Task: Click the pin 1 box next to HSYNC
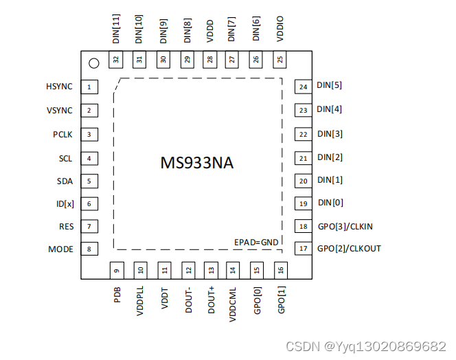coord(89,87)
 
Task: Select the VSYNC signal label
coord(60,111)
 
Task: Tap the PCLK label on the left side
coord(62,134)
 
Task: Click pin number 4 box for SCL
coord(89,158)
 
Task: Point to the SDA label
coord(65,181)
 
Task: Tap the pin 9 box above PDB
coord(117,270)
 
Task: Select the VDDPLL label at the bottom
coord(140,300)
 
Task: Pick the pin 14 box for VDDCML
coord(233,270)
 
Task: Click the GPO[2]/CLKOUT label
coord(349,248)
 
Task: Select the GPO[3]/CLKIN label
coord(345,226)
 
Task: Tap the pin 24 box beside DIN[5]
coord(302,87)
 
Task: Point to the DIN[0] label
coord(330,203)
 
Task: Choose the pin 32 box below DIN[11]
coord(117,60)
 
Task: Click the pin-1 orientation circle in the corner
coord(93,63)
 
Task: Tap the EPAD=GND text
coord(257,242)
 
